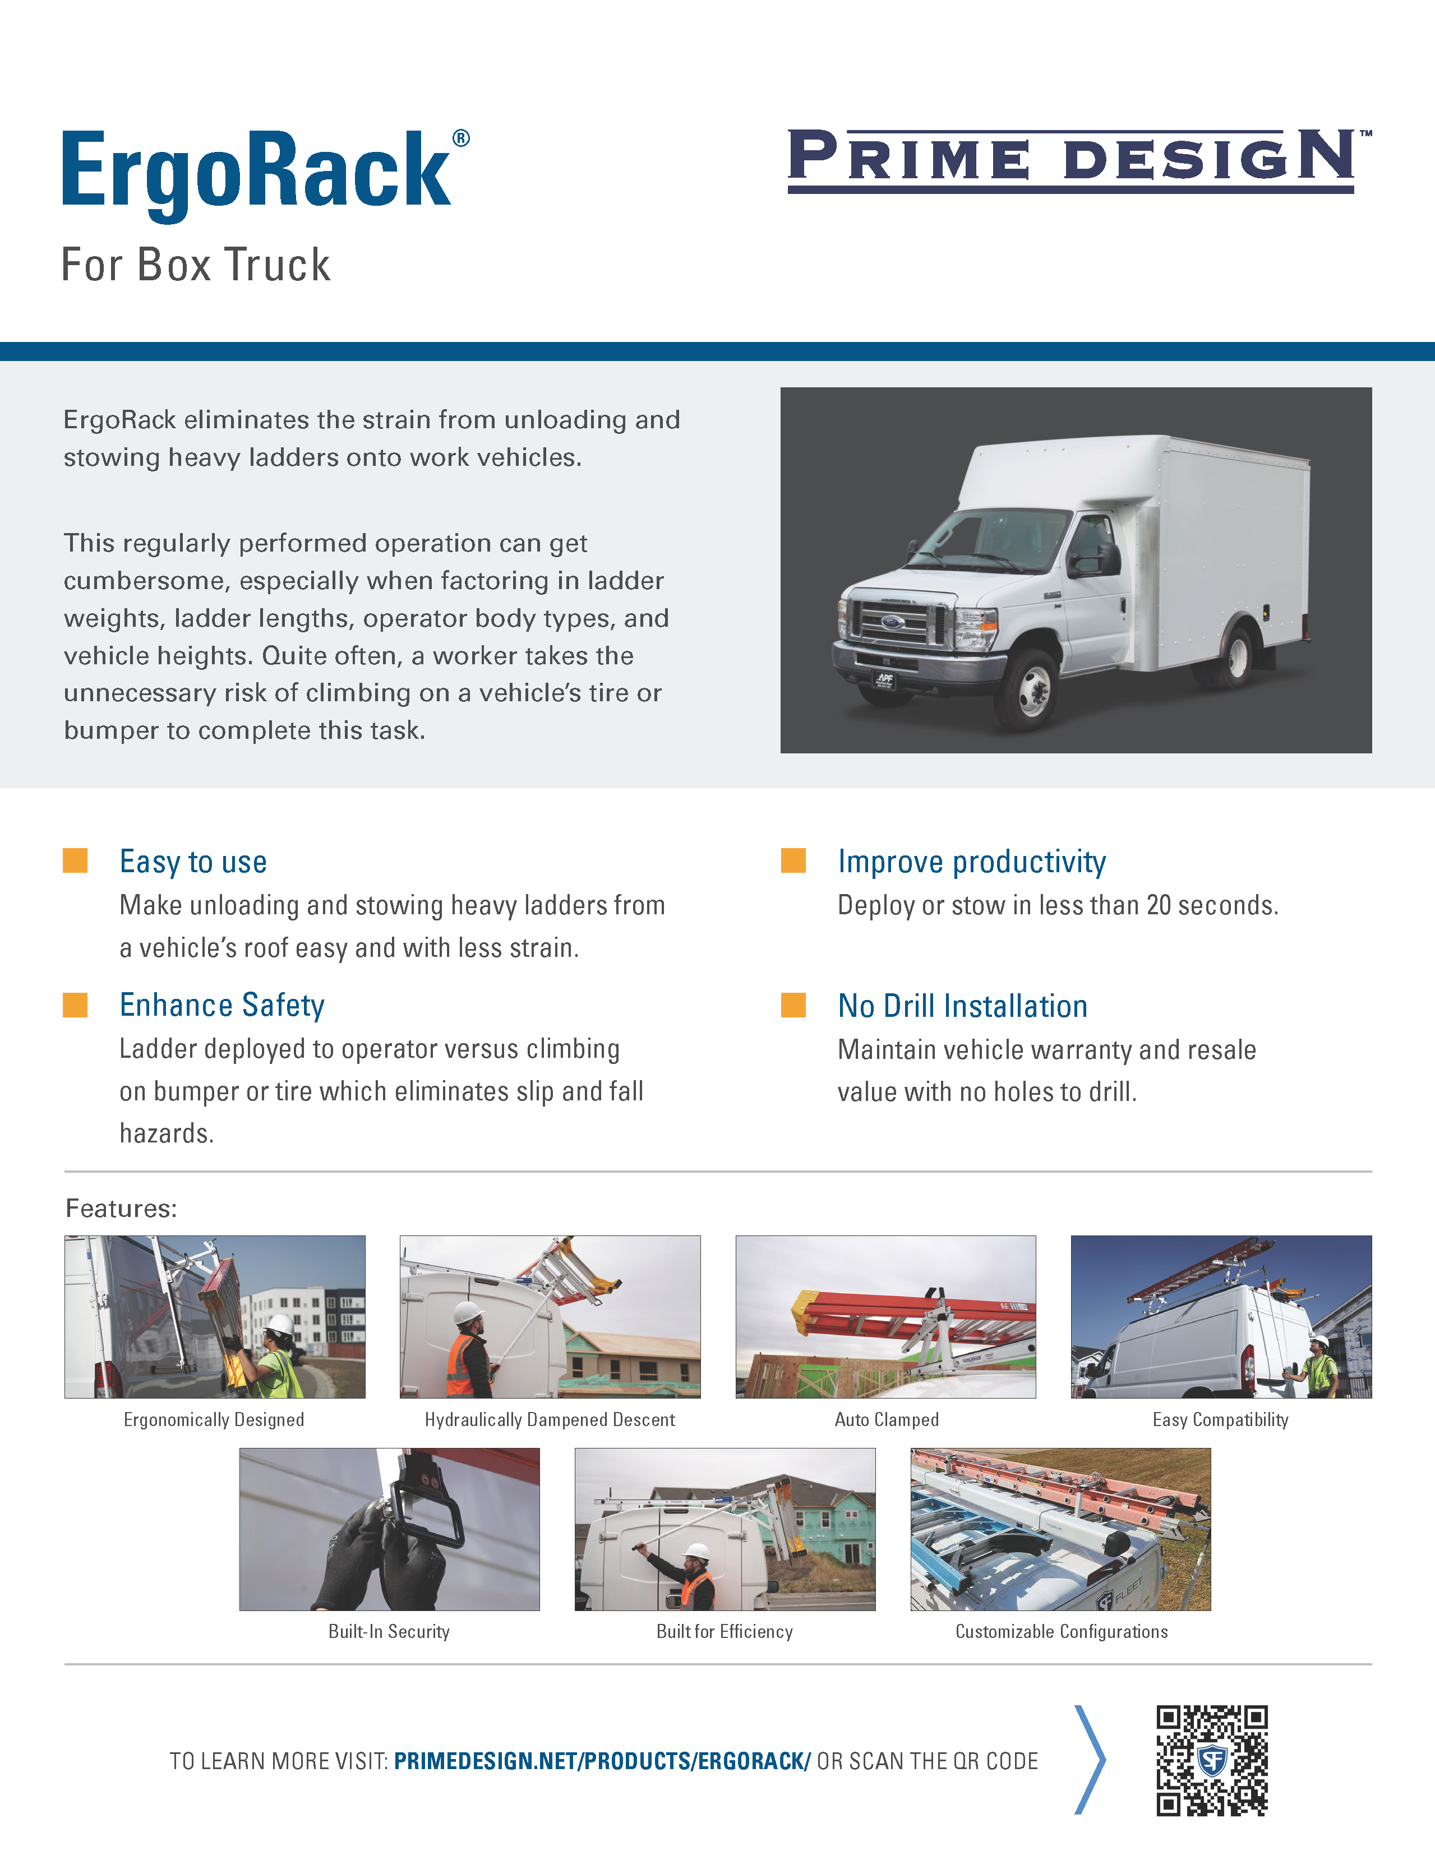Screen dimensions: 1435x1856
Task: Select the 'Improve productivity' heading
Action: point(972,862)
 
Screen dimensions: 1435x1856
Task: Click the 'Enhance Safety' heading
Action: point(222,1005)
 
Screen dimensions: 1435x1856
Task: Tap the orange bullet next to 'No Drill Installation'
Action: point(793,1005)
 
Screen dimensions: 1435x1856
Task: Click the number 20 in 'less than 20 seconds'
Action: point(1159,905)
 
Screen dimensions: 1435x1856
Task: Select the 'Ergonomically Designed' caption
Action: point(214,1419)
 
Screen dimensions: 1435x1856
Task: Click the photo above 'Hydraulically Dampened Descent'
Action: point(550,1316)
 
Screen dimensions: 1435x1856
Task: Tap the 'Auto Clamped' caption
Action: point(887,1419)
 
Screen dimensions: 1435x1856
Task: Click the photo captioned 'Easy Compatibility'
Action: point(1221,1316)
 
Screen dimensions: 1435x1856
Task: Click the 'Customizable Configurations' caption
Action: point(1062,1632)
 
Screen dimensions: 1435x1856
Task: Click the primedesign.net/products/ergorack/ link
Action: point(602,1761)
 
